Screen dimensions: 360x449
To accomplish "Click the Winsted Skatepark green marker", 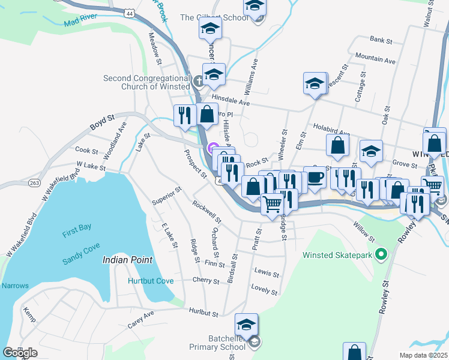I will [379, 254].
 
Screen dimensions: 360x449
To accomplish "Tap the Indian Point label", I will [127, 260].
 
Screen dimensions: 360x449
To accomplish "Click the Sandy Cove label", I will [82, 259].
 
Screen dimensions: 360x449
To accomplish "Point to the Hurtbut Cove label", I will [151, 281].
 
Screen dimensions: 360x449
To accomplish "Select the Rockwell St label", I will [207, 211].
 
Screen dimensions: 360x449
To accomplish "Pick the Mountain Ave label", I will [375, 60].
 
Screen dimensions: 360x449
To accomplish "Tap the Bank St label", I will [381, 41].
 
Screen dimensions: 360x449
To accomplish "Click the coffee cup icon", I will [315, 178].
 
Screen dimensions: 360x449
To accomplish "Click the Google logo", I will [20, 352].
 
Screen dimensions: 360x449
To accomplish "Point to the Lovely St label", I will [265, 291].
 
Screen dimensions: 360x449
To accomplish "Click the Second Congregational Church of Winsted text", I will [146, 82].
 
